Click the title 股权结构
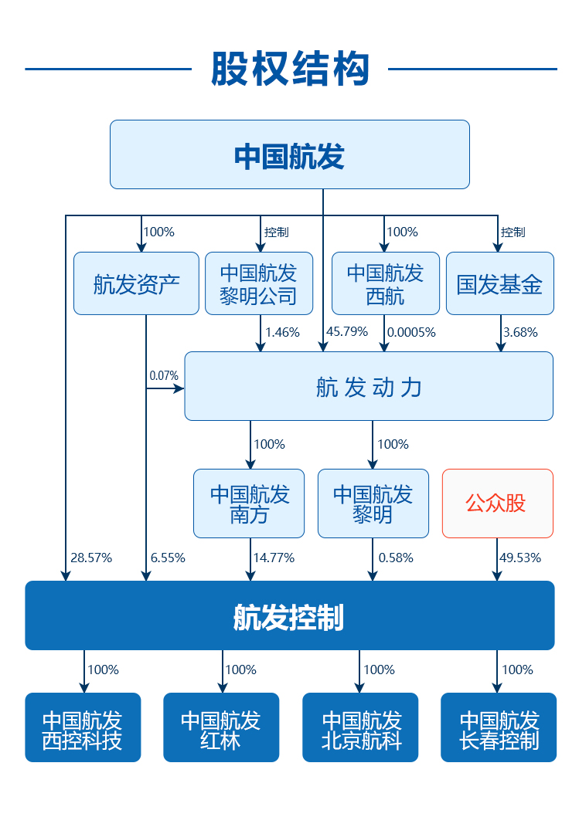(x=290, y=69)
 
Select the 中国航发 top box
(x=290, y=154)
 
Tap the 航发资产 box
(x=136, y=283)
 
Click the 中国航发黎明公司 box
(x=258, y=283)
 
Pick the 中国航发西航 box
(x=385, y=283)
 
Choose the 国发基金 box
(x=499, y=283)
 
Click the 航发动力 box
(x=369, y=386)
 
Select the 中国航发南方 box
(x=249, y=503)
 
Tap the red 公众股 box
(x=497, y=503)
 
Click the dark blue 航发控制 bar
(x=290, y=615)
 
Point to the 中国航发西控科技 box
(x=83, y=727)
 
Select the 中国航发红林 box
(x=221, y=727)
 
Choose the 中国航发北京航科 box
(x=359, y=727)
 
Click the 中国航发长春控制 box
(x=499, y=727)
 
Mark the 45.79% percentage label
(x=346, y=332)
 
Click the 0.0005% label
(x=411, y=332)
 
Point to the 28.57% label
(x=91, y=558)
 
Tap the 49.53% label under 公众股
(x=520, y=558)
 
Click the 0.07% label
(x=164, y=376)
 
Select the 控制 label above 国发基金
(x=513, y=232)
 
